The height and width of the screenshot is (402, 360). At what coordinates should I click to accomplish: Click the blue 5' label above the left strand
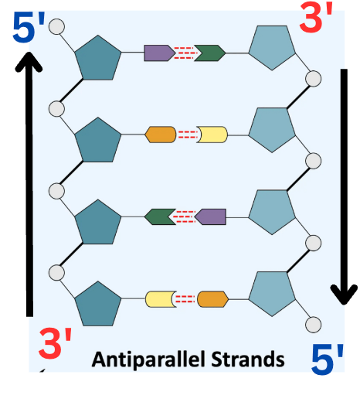point(29,27)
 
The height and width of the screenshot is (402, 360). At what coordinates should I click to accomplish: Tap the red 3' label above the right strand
point(316,17)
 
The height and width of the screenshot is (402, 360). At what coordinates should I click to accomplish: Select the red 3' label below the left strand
point(55,343)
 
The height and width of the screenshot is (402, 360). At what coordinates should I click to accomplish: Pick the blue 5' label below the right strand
point(328,359)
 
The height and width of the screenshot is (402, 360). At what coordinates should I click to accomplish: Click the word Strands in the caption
point(248,359)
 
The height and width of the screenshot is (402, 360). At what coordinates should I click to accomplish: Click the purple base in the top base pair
point(159,53)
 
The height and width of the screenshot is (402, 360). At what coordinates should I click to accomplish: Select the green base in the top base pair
point(210,53)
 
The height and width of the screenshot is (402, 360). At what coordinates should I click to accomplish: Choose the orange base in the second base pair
point(161,135)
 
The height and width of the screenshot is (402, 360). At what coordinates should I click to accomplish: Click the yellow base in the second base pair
point(212,135)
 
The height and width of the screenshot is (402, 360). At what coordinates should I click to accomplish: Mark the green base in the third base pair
point(160,216)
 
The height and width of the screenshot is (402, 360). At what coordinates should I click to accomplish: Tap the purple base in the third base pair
point(210,216)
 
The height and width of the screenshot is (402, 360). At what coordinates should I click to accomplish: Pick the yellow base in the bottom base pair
point(161,299)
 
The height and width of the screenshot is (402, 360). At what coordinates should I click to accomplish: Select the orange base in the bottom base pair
point(212,299)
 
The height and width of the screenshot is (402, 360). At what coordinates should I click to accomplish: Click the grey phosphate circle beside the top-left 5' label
point(56,26)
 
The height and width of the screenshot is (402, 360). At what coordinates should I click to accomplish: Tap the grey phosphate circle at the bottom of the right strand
point(313,325)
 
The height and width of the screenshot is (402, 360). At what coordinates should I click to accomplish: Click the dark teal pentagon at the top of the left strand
point(98,59)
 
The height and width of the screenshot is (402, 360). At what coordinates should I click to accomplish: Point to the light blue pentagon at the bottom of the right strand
point(272,293)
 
